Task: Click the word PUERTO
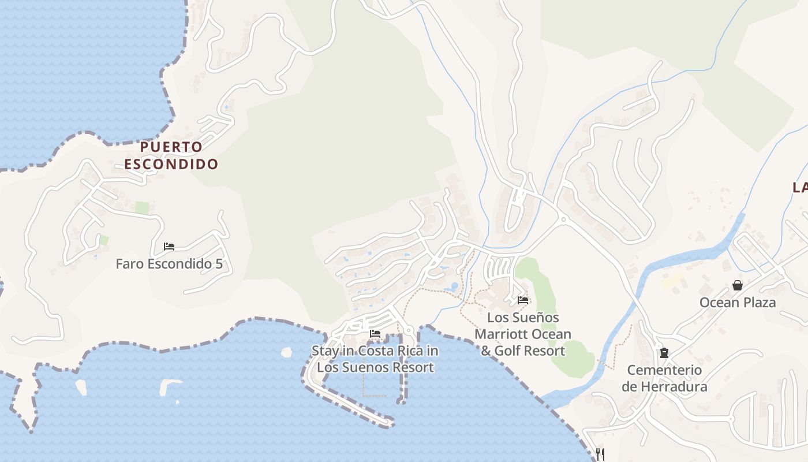171,147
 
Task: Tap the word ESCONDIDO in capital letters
171,164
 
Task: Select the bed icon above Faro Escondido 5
169,247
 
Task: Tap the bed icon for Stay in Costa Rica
375,334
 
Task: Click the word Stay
326,351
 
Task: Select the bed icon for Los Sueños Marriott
523,300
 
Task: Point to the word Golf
511,351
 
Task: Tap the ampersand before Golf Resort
486,351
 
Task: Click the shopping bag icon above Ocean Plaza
738,285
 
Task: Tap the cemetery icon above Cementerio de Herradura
664,352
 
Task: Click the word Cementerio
664,370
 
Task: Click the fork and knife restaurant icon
600,454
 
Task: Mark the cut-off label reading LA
800,187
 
